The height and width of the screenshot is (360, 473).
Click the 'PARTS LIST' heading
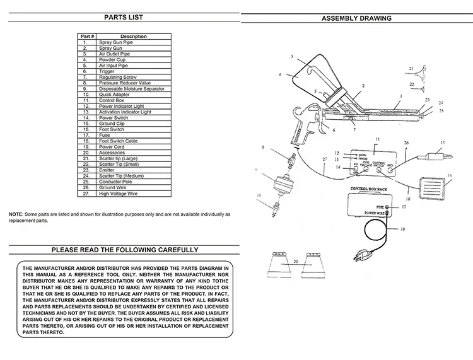pos(119,18)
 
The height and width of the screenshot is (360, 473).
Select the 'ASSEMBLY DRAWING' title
pos(356,18)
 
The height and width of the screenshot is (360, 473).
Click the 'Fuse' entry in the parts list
pos(104,136)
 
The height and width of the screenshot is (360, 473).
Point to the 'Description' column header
pos(133,36)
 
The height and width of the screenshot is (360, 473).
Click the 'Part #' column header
pos(88,36)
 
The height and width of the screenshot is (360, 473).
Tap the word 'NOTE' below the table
pos(15,215)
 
